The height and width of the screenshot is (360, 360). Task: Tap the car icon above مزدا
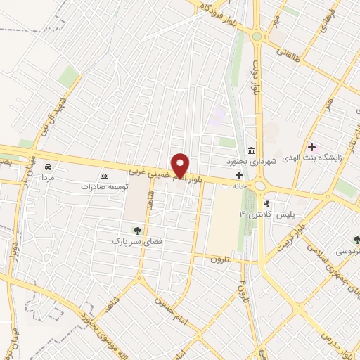48,167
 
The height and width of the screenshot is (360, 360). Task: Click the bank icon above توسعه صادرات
105,175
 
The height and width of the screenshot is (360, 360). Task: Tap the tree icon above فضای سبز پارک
138,230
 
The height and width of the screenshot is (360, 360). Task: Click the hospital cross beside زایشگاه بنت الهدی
312,148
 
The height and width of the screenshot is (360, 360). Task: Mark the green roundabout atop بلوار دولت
257,37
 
